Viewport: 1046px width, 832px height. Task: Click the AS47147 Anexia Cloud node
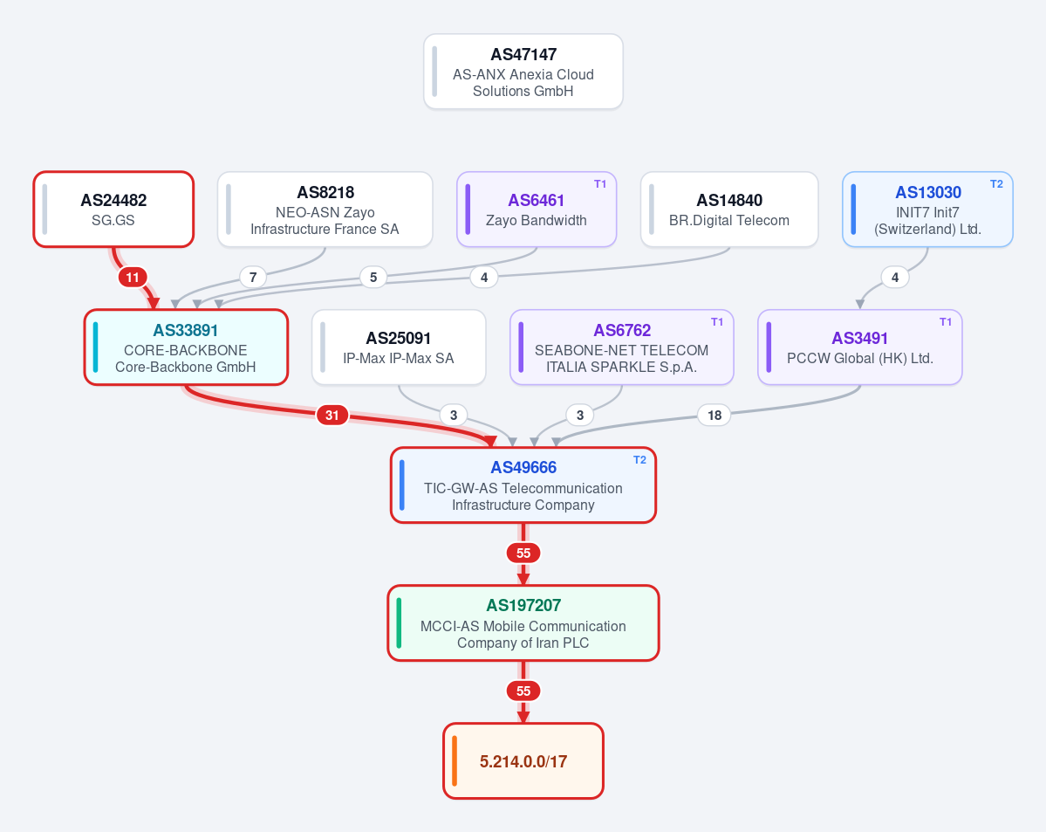point(523,72)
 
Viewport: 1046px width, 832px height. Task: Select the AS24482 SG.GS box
point(113,210)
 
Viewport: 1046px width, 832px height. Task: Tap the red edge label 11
point(133,277)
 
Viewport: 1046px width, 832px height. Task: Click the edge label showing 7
point(253,277)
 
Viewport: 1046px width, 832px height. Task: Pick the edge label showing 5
point(373,277)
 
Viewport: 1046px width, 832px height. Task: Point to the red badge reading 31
point(332,416)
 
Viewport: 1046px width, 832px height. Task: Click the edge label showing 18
point(714,416)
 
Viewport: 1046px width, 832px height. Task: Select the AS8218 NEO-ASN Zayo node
point(325,210)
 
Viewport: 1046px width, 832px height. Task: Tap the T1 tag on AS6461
point(600,184)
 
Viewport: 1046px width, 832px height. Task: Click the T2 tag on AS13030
point(996,184)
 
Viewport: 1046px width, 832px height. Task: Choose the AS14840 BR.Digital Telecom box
point(729,210)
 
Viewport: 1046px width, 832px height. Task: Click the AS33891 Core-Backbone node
point(186,347)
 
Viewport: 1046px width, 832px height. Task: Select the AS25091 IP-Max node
point(399,347)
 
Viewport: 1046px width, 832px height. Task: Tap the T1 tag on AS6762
point(717,322)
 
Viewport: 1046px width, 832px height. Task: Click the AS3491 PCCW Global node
point(860,347)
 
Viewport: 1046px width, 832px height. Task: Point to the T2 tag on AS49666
point(639,460)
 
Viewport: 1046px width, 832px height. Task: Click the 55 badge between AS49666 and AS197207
point(523,553)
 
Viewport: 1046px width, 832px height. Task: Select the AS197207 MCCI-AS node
point(523,623)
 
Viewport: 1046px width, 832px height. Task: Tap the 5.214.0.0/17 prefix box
point(523,761)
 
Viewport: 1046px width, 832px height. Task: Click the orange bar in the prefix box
point(455,761)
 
